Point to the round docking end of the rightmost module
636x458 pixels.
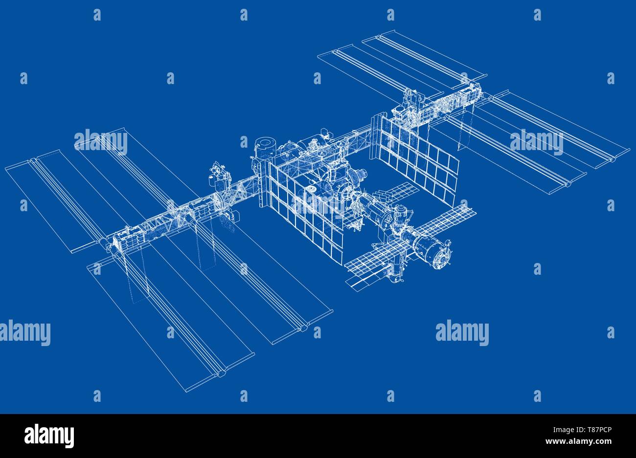445,252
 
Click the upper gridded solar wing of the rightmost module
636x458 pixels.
443,220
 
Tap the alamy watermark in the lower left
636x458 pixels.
25,333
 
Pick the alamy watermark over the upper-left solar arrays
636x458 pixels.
101,142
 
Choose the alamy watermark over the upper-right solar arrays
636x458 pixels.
536,142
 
